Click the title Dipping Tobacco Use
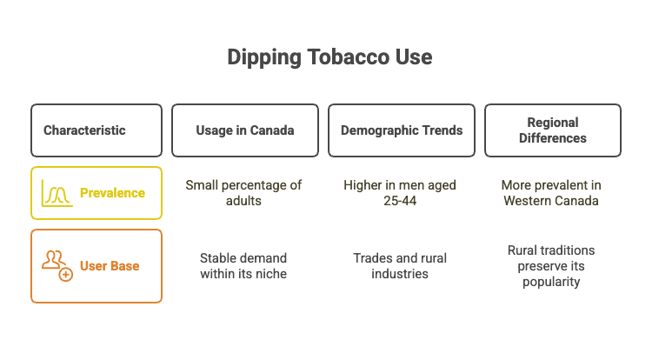[329, 58]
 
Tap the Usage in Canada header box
[244, 130]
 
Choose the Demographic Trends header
[401, 130]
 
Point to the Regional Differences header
[552, 130]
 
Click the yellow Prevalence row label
[112, 192]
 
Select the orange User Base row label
[110, 265]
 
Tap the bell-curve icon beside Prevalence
[57, 192]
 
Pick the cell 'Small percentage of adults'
[244, 192]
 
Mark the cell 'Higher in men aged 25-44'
[400, 192]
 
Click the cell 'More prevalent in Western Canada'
[551, 192]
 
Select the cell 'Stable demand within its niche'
[243, 265]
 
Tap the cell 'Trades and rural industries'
[401, 265]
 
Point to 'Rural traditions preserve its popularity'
[551, 265]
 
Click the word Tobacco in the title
[340, 58]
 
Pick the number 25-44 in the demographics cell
[400, 200]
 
